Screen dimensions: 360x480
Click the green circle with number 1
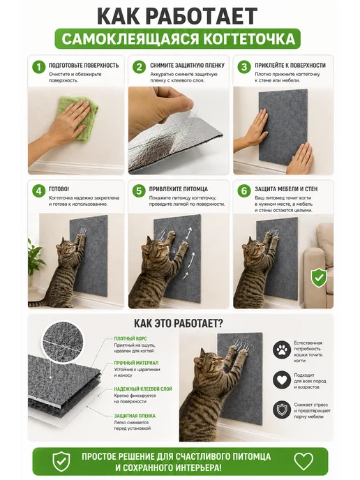38,67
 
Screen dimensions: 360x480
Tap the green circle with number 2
139,67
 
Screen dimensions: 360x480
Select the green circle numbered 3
244,67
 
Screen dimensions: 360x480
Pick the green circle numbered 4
38,190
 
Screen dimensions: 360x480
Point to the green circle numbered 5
139,190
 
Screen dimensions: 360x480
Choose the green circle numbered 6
244,190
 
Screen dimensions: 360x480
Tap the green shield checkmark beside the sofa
319,277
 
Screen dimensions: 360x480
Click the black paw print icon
282,351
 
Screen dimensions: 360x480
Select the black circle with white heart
282,380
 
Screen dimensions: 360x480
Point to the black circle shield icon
282,410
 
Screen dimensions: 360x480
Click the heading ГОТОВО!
59,189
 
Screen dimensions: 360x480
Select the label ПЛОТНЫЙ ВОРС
130,338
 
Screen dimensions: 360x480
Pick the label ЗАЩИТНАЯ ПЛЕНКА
135,416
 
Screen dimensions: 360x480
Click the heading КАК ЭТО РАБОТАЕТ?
179,323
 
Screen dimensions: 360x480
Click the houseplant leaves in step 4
36,257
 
